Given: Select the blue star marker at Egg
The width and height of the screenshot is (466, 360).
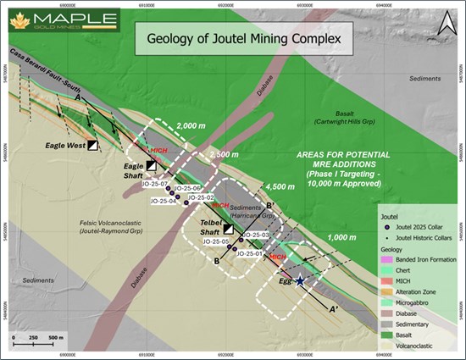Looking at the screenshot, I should pos(301,282).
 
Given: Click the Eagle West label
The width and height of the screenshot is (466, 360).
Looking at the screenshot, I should pos(64,146).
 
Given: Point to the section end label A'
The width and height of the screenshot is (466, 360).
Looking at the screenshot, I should pos(335,310).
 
